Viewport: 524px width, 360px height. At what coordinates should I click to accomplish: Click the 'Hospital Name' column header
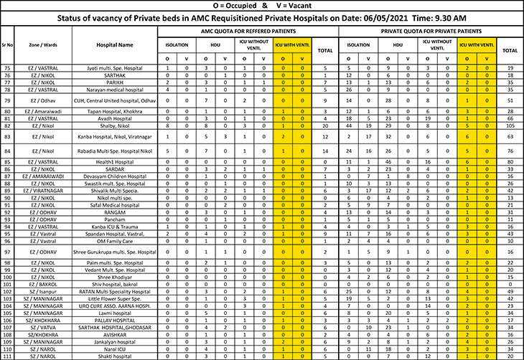point(116,44)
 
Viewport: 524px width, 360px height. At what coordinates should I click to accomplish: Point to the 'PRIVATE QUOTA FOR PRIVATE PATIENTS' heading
point(431,32)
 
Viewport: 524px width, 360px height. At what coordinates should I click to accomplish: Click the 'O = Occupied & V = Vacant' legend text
point(262,5)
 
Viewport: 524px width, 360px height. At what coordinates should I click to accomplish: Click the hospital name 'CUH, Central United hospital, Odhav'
point(116,101)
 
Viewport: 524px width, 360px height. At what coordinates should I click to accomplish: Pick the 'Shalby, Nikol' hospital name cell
point(116,125)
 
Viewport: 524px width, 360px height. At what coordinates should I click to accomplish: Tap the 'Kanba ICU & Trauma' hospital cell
point(116,227)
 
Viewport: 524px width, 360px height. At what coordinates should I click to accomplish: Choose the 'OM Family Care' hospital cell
point(116,242)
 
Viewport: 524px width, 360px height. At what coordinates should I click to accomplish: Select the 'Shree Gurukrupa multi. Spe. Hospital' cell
point(116,252)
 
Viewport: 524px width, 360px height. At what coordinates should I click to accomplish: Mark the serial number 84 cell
point(7,151)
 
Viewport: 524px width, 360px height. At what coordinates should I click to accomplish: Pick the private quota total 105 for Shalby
point(510,125)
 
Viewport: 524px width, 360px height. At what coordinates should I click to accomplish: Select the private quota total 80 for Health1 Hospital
point(510,162)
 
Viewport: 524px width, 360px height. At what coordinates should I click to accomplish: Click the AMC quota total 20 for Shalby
point(324,125)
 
